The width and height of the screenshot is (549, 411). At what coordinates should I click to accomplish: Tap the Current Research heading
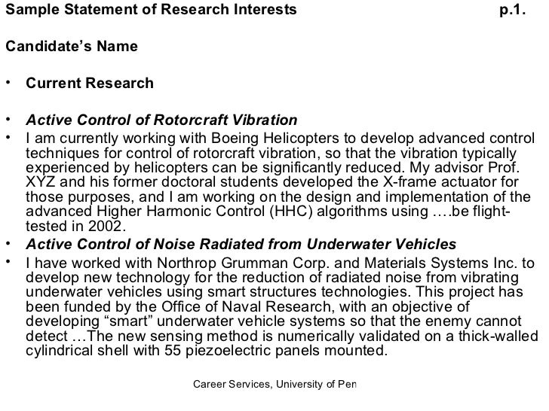(89, 82)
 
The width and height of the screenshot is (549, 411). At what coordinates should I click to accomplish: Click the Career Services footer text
(274, 385)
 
